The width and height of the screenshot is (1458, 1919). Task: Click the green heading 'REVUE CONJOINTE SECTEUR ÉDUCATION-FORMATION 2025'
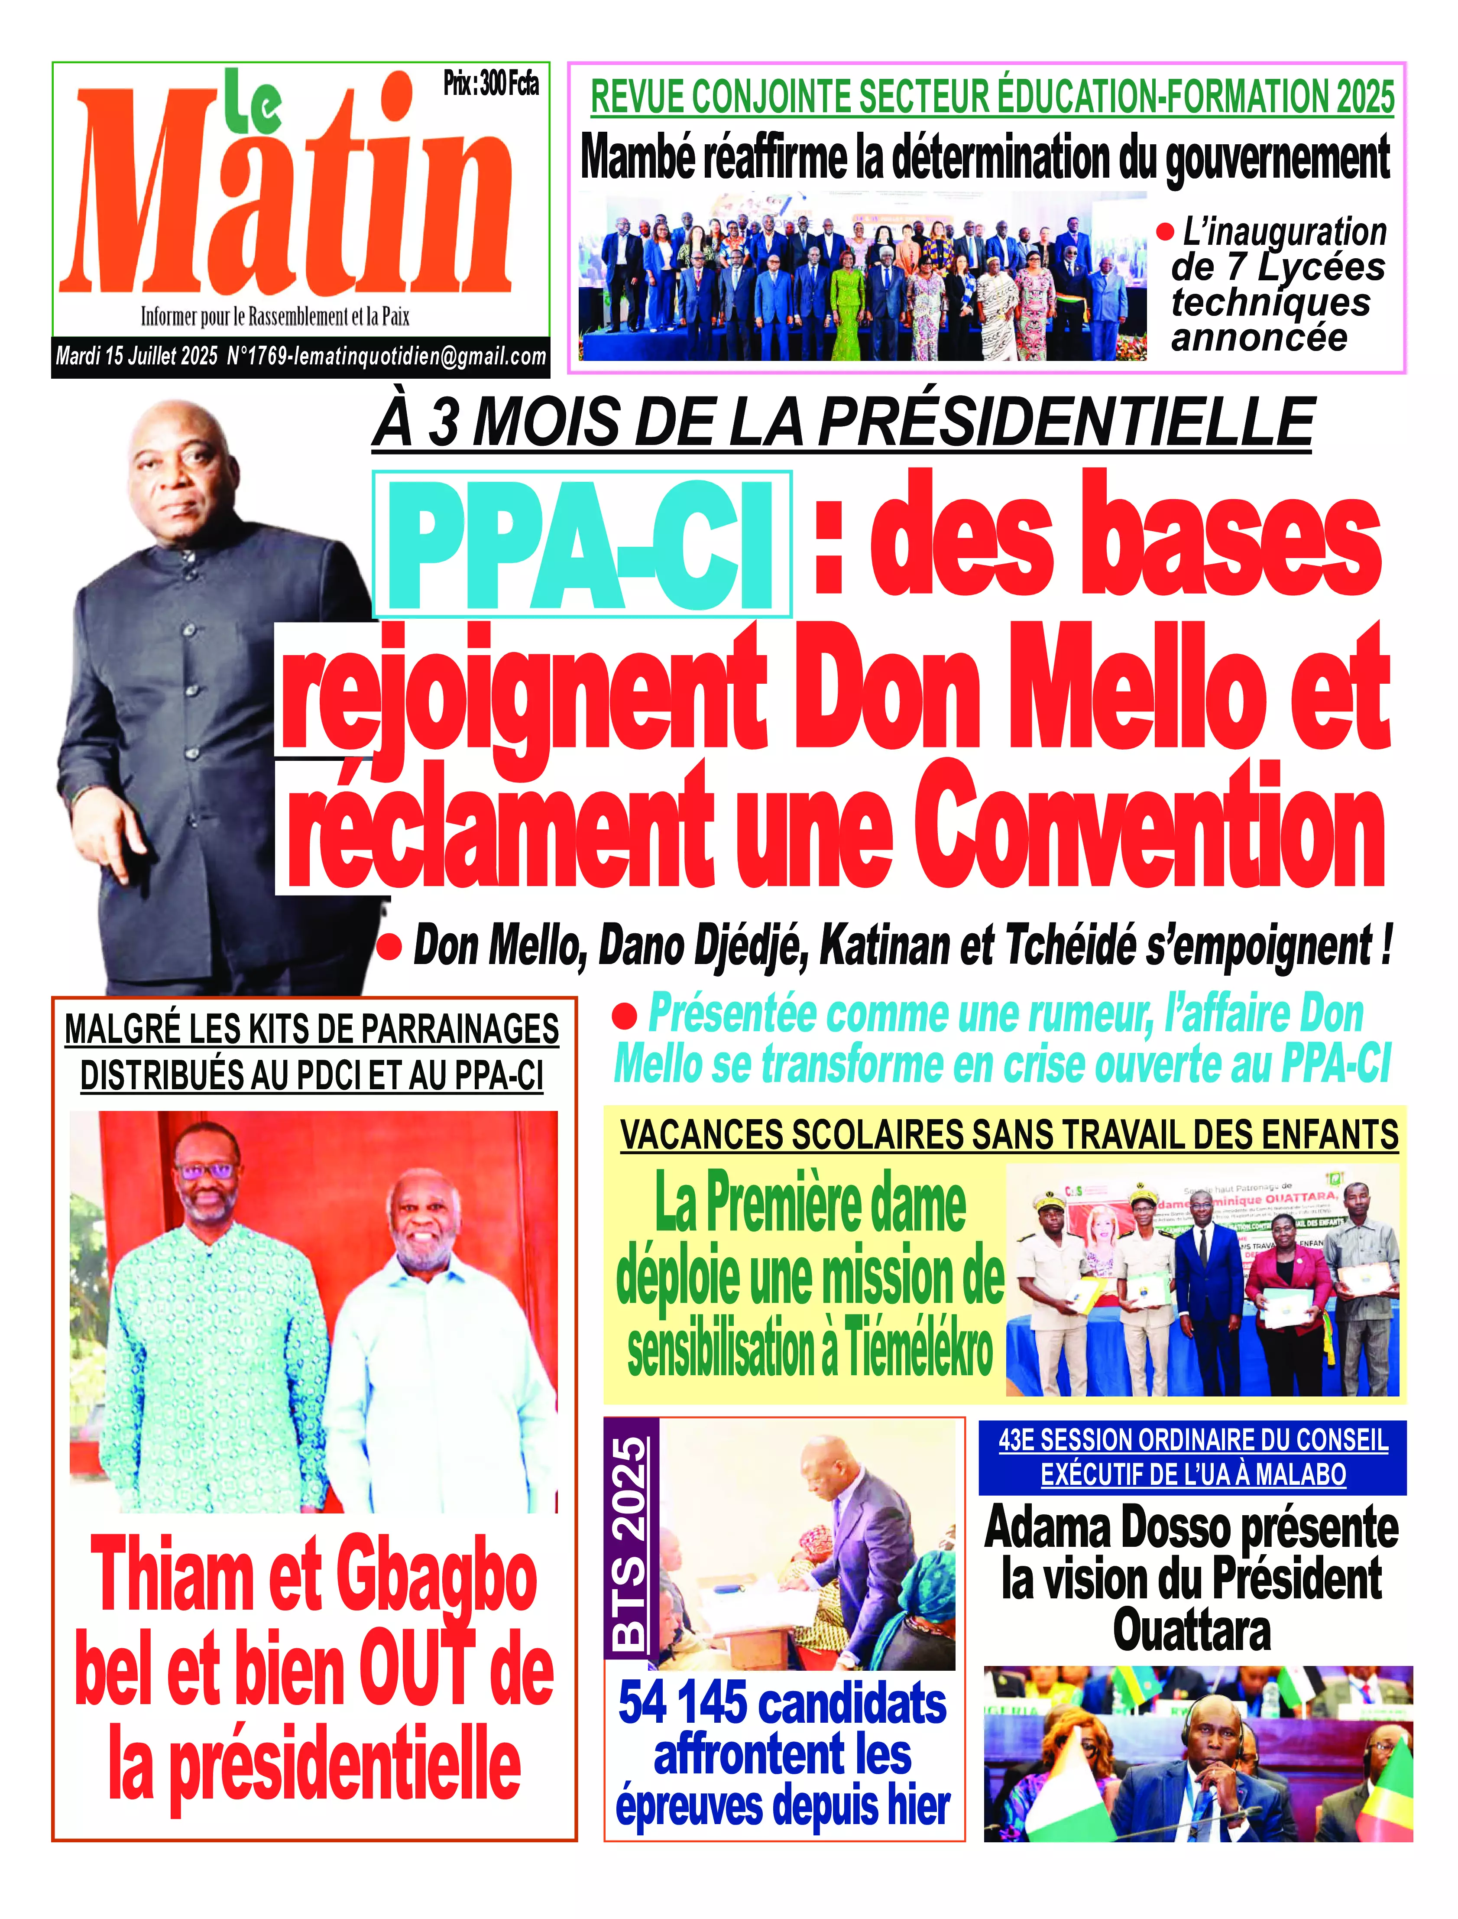pyautogui.click(x=992, y=96)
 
